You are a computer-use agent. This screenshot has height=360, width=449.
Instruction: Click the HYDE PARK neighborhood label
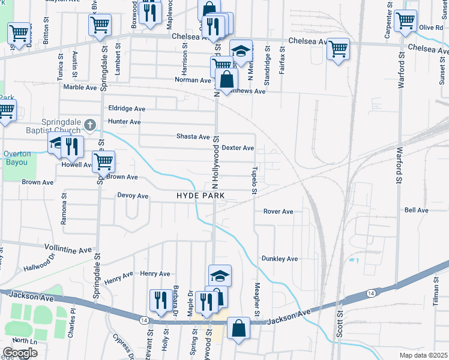pyautogui.click(x=200, y=196)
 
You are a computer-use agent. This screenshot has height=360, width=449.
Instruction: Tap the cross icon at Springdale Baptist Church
pyautogui.click(x=90, y=125)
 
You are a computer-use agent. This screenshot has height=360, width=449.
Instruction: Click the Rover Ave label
pyautogui.click(x=278, y=211)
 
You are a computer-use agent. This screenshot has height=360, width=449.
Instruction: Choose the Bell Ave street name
pyautogui.click(x=416, y=210)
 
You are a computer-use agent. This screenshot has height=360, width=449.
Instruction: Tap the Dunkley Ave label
pyautogui.click(x=279, y=259)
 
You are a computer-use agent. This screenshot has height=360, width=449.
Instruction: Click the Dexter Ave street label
pyautogui.click(x=238, y=148)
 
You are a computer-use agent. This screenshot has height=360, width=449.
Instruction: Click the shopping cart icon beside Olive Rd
pyautogui.click(x=406, y=20)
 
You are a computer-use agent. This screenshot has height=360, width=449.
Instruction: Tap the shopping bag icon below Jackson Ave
pyautogui.click(x=239, y=328)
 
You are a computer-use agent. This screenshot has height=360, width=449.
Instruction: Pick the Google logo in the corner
pyautogui.click(x=20, y=353)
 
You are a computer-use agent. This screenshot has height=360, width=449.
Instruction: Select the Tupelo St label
pyautogui.click(x=255, y=181)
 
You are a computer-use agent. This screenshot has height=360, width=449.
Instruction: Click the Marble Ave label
pyautogui.click(x=80, y=87)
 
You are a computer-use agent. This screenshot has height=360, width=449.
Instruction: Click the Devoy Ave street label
pyautogui.click(x=133, y=196)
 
